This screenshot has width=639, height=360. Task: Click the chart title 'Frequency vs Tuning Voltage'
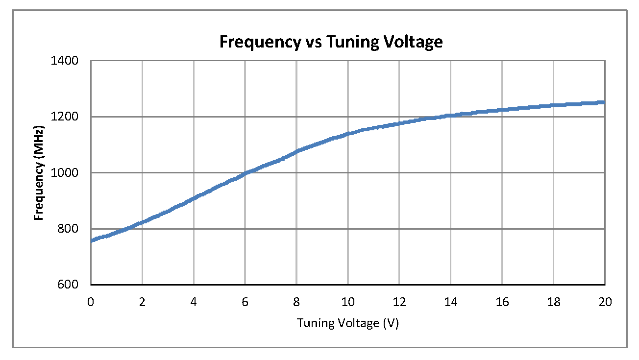click(331, 42)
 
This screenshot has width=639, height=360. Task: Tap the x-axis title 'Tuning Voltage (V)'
click(347, 323)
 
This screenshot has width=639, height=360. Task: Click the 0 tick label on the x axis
click(91, 302)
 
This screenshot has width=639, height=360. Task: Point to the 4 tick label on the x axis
click(194, 302)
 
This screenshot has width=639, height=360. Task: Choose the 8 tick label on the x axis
click(297, 302)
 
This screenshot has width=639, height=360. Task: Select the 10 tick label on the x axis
click(348, 302)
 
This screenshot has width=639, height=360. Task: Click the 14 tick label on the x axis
click(451, 302)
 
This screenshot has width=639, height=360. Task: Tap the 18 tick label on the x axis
click(554, 302)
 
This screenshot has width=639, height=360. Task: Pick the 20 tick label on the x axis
click(605, 302)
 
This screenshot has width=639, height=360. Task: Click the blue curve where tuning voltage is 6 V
click(246, 173)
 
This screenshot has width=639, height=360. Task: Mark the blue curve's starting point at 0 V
click(92, 240)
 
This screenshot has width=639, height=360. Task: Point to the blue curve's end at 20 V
click(604, 102)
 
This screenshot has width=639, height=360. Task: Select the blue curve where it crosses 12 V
click(399, 123)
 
